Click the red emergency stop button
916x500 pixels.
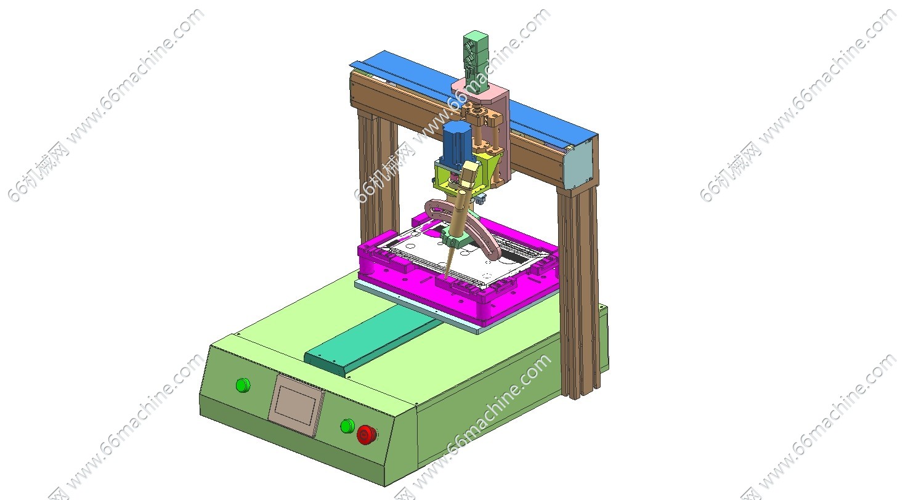coord(367,435)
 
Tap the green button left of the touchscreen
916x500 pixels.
coord(243,385)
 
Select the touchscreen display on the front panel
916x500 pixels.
coord(296,405)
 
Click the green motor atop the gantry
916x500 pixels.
coord(476,57)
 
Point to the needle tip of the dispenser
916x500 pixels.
coord(445,278)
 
